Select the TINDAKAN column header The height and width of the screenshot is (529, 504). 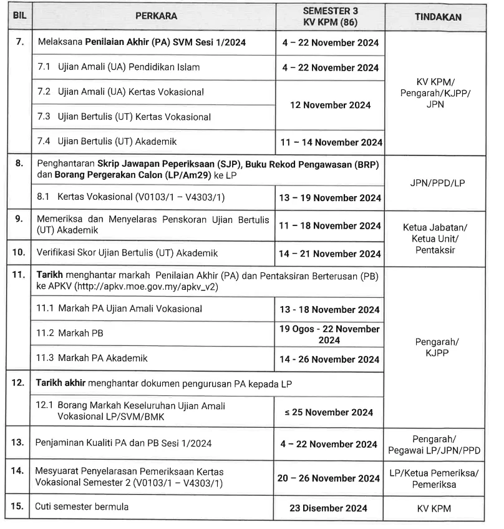[x=438, y=17]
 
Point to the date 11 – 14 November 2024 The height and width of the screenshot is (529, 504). [x=330, y=142]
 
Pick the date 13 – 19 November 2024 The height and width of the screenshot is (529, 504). [x=330, y=199]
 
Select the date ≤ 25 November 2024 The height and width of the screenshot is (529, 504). [x=330, y=412]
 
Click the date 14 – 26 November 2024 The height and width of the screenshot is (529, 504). [x=330, y=359]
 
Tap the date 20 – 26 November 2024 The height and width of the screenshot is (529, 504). [x=330, y=478]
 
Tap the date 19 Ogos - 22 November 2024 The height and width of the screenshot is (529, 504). [x=330, y=334]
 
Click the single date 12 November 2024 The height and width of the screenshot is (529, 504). [x=330, y=105]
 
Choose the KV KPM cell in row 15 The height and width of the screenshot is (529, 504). [x=438, y=508]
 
